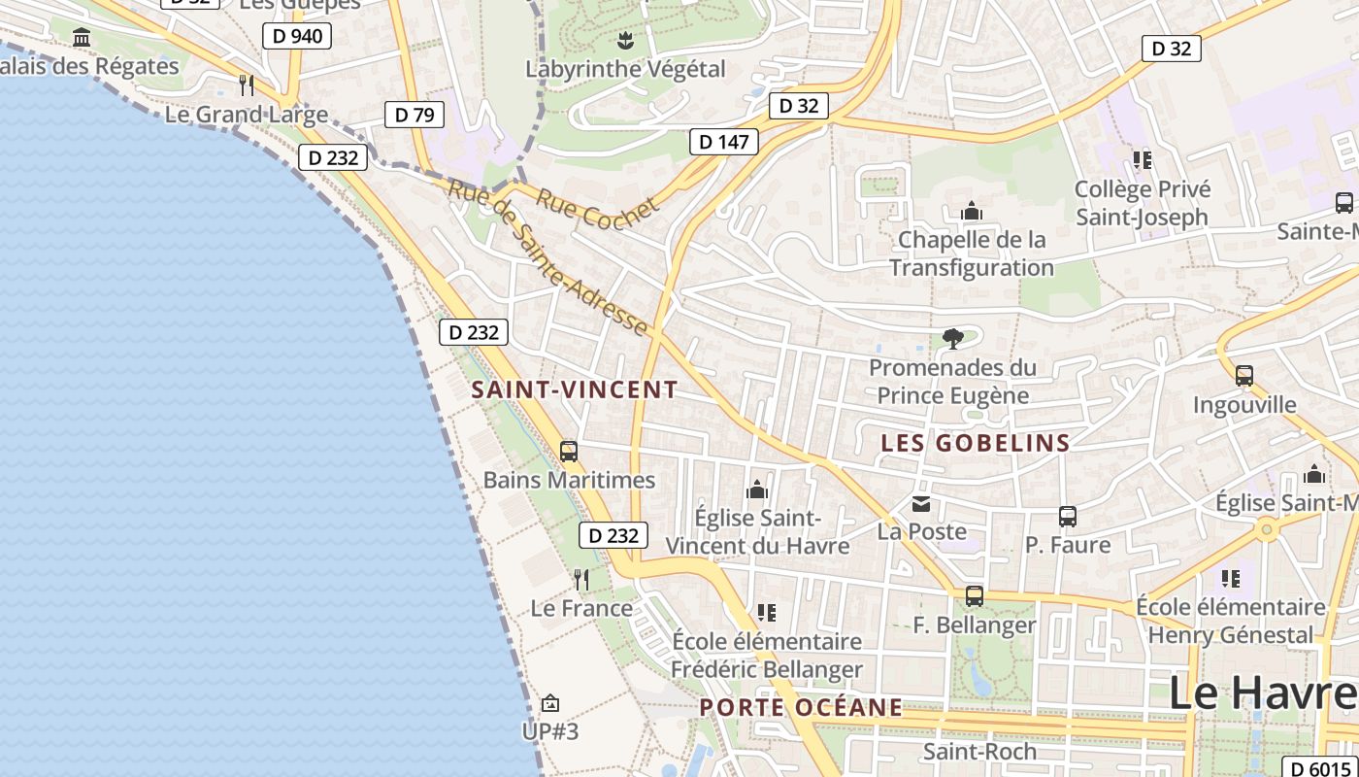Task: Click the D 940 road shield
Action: click(297, 37)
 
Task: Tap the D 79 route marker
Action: click(414, 115)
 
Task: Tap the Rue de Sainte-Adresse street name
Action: click(547, 256)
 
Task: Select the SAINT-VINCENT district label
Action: click(575, 389)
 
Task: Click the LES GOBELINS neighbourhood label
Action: click(976, 443)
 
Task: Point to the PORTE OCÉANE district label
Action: click(801, 707)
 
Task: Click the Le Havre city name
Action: click(1262, 693)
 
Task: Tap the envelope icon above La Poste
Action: click(920, 503)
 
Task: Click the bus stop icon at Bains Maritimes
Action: click(569, 452)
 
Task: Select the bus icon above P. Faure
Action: click(1068, 517)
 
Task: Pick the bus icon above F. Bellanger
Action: click(974, 596)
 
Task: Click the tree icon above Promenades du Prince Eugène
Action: click(953, 338)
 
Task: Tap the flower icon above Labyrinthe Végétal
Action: click(625, 41)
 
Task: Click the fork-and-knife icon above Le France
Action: click(581, 580)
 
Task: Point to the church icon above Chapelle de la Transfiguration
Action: click(972, 211)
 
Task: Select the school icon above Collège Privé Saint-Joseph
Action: click(1142, 159)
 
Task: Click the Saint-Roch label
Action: click(979, 751)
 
